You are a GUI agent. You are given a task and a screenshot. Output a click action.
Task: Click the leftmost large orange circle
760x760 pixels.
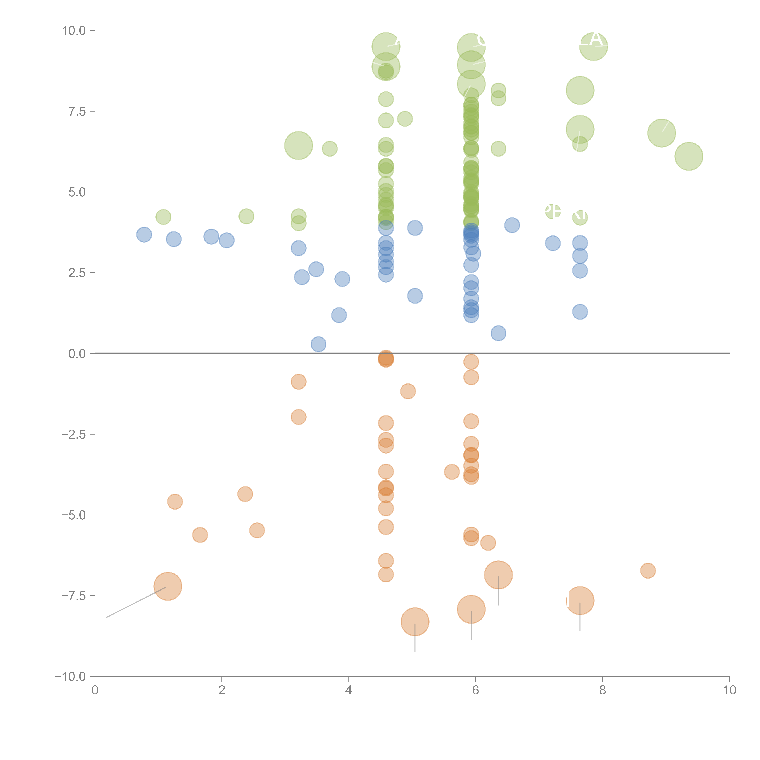pos(168,586)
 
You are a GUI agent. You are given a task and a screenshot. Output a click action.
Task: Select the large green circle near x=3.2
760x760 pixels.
pos(298,146)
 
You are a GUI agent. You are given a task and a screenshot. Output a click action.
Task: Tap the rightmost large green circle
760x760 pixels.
pos(688,156)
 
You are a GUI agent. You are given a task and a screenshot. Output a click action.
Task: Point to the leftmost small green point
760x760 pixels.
pos(163,217)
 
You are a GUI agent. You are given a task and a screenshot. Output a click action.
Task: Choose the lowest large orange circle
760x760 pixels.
pos(415,622)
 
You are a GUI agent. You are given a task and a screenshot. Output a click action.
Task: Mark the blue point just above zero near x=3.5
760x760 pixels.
pos(318,344)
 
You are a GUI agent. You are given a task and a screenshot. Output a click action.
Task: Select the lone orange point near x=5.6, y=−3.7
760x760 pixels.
pos(452,472)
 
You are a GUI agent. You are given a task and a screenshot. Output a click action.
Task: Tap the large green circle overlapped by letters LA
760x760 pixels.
pos(593,46)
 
